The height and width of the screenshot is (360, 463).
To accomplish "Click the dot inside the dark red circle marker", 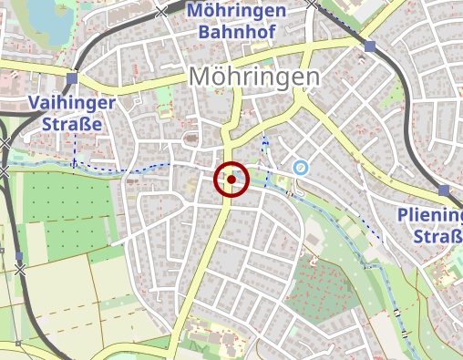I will [231, 180].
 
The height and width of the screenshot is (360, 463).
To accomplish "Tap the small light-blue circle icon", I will [301, 167].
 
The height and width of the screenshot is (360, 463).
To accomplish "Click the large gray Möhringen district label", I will [255, 77].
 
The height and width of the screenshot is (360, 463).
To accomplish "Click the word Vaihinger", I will [71, 102].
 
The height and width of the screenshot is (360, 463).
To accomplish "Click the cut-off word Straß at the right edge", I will [437, 237].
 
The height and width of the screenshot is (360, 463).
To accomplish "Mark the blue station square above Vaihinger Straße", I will [72, 77].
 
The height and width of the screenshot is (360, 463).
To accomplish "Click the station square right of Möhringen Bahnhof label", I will [369, 46].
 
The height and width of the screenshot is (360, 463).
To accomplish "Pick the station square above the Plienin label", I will [444, 190].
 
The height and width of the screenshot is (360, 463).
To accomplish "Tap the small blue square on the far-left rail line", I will [19, 257].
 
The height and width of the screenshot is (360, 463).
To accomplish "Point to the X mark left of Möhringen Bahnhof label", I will [162, 11].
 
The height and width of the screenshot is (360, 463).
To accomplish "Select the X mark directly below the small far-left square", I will [20, 270].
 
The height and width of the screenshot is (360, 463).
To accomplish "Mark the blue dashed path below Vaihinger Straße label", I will [118, 168].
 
